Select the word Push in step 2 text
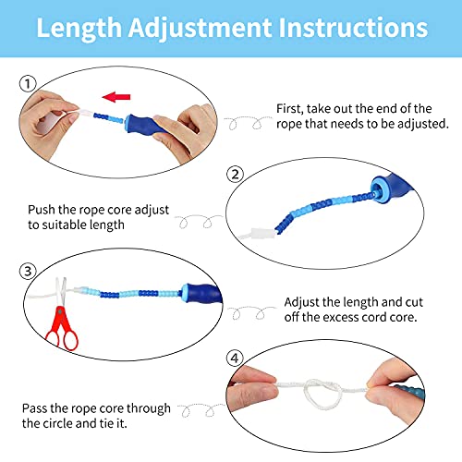coord(43,208)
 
